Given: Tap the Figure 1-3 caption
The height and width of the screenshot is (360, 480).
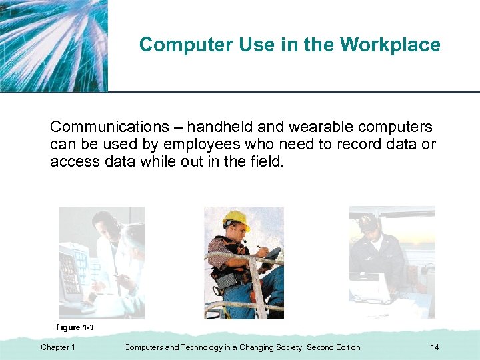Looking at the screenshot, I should pos(75,327).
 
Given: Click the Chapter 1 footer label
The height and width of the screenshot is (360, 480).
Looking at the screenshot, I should pos(58,347).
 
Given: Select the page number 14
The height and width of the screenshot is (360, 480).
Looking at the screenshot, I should pos(435,347).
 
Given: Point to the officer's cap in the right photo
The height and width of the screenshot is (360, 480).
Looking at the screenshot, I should pos(367,223).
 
